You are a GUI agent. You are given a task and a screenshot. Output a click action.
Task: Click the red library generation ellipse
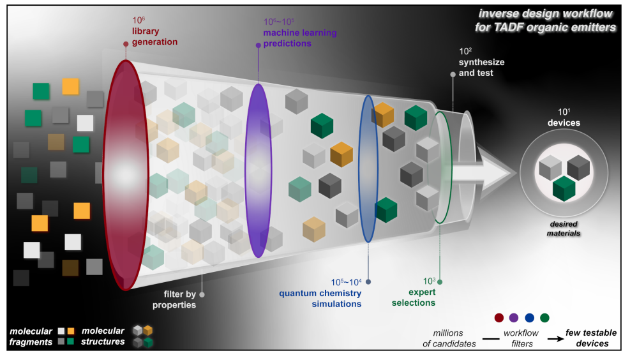coord(126,175)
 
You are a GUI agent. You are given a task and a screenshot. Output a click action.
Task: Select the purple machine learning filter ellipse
coord(258,170)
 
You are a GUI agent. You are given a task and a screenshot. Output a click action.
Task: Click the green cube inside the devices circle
coord(564,188)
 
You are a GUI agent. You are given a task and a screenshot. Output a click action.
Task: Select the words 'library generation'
coord(154,36)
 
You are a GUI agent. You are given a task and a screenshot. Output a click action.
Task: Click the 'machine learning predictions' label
coord(300,38)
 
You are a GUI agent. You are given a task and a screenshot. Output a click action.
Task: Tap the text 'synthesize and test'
coord(481,68)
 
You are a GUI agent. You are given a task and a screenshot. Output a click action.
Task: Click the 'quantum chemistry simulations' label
coord(320,299)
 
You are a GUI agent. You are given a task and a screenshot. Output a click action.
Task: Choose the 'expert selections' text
coord(414,297)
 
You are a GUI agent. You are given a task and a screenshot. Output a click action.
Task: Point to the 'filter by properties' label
coord(174,299)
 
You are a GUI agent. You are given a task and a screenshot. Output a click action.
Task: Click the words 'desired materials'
coord(564,229)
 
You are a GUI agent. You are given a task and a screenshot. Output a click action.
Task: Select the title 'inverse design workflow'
coord(545,13)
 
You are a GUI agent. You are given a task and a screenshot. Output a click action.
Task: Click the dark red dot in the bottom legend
coord(499,318)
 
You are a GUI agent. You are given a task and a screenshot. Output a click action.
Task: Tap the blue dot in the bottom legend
coord(530,318)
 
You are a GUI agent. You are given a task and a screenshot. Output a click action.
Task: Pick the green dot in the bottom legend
coord(544,318)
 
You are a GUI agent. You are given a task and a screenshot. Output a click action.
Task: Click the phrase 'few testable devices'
coord(591,338)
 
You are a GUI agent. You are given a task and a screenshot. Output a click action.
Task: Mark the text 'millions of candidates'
coord(449,338)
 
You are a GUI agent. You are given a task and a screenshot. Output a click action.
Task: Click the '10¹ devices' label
coord(564,117)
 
